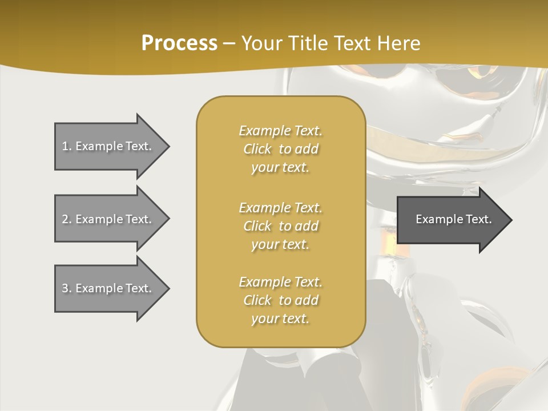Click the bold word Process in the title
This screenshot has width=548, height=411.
point(179,43)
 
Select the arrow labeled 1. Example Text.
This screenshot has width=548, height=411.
point(108,146)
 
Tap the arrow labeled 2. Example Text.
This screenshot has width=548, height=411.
point(108,219)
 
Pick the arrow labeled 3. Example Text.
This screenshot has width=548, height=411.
point(108,288)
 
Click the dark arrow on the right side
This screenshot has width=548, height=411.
point(451,219)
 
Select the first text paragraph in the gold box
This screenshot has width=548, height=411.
point(280,149)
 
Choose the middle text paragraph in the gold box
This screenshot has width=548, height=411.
point(280,226)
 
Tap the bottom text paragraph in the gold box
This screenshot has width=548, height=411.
point(280,300)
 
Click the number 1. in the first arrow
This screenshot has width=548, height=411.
point(67,146)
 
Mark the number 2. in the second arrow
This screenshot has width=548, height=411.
point(67,219)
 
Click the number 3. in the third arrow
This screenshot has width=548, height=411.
point(67,288)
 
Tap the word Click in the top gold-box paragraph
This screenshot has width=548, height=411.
point(257,149)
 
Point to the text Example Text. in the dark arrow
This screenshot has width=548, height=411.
point(454,219)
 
